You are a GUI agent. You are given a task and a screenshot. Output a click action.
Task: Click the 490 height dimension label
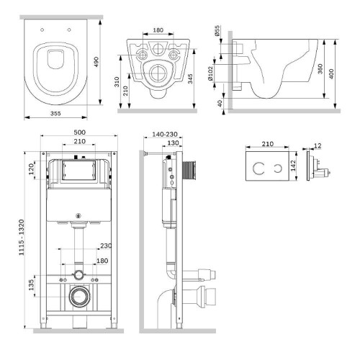(x=96, y=62)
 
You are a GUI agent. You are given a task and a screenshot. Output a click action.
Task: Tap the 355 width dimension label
(x=55, y=113)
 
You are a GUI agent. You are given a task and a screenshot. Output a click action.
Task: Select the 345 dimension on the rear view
(x=190, y=78)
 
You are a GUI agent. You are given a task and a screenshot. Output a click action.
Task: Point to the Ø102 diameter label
(x=210, y=73)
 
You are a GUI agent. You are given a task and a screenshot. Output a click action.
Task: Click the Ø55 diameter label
(x=217, y=31)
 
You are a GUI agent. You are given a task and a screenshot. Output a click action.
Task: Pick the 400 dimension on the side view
(x=331, y=74)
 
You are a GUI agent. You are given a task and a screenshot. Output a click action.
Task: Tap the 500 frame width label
(x=79, y=132)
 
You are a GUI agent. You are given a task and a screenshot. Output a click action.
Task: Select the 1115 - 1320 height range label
(x=22, y=238)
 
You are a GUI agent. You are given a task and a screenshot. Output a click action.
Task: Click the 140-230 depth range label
(x=165, y=135)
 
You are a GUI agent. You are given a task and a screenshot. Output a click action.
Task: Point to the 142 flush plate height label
(x=293, y=166)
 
